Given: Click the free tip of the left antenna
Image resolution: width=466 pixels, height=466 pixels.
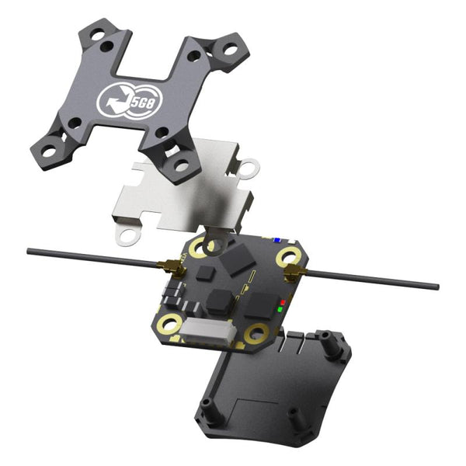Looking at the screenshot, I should pyautogui.click(x=29, y=251).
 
